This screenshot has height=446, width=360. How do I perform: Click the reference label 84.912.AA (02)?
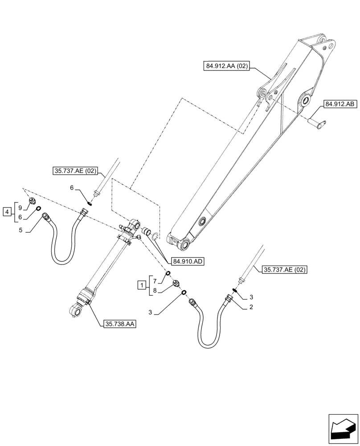(x=227, y=66)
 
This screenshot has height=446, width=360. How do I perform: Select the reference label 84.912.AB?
(x=340, y=104)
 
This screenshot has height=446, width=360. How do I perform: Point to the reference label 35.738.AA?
(x=119, y=324)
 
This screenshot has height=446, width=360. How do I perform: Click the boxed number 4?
(x=7, y=211)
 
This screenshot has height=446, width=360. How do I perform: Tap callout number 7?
(x=155, y=281)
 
